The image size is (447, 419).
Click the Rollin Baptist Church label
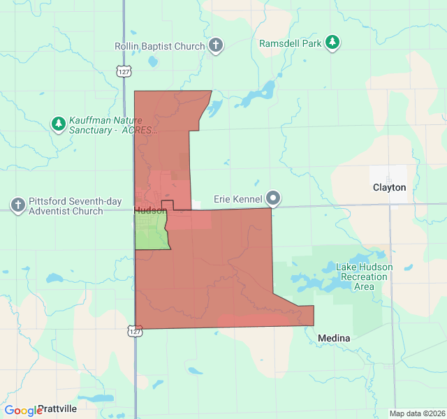tap(160, 46)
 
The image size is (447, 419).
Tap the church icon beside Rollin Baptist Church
tap(217, 46)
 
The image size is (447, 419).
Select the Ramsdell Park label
tap(291, 43)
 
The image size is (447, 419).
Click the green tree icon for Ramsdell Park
tap(333, 43)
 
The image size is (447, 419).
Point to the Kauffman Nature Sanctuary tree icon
tap(59, 124)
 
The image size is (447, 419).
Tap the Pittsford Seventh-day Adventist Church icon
tap(18, 205)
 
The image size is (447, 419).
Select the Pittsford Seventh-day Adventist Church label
tap(66, 206)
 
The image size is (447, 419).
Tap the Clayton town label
tap(389, 188)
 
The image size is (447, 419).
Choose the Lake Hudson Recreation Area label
tap(364, 277)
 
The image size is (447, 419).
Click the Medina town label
tap(333, 338)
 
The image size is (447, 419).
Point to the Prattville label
tap(57, 408)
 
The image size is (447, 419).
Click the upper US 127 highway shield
tap(124, 71)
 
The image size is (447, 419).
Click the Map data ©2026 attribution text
tap(416, 413)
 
